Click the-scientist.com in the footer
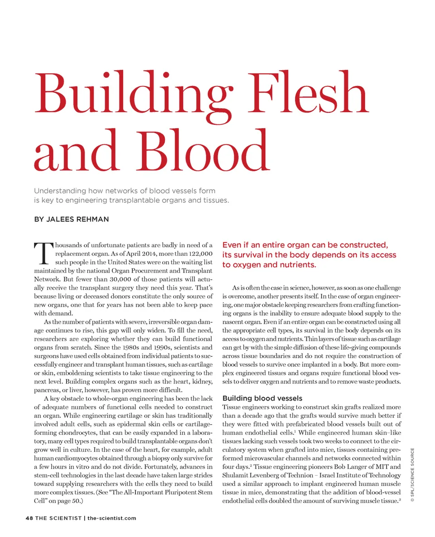point(111,518)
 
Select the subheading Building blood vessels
point(262,398)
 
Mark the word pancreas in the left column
point(47,390)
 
